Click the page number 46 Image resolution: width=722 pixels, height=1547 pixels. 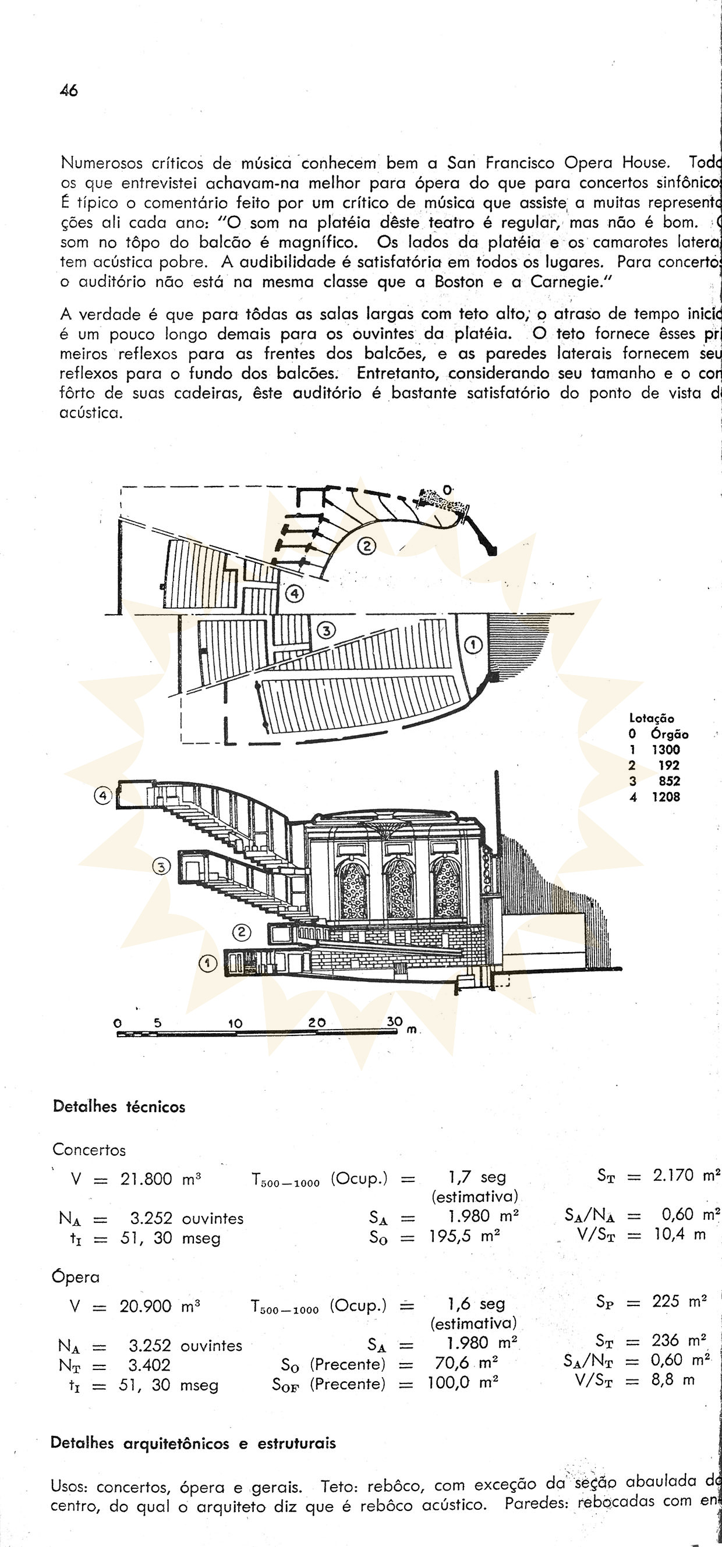click(69, 91)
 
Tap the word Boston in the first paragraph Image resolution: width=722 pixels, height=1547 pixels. click(459, 282)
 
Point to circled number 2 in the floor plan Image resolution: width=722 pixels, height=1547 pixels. click(366, 546)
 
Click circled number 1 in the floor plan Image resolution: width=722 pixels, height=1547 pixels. click(473, 645)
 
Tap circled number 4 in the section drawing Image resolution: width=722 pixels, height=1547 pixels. click(103, 796)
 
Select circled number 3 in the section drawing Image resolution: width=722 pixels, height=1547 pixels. click(162, 866)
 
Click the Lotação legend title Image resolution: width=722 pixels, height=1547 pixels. click(652, 718)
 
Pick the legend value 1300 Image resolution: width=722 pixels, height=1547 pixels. click(666, 750)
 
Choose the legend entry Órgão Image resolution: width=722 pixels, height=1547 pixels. click(669, 734)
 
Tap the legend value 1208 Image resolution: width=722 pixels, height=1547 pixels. click(666, 797)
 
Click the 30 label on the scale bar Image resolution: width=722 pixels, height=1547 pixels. click(394, 1021)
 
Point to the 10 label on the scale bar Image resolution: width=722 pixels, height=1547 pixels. click(235, 1023)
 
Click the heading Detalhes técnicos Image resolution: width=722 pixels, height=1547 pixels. click(119, 1107)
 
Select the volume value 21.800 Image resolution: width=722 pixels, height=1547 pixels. click(146, 1178)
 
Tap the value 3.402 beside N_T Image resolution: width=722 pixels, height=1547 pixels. click(149, 1365)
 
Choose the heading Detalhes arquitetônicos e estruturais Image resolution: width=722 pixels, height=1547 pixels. click(193, 1443)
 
